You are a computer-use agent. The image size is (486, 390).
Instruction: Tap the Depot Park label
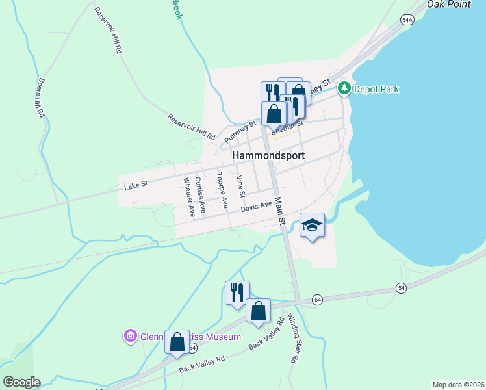pyautogui.click(x=376, y=89)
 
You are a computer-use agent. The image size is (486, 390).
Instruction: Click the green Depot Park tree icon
pyautogui.click(x=344, y=89)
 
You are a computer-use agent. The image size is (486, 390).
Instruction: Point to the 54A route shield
pyautogui.click(x=407, y=20)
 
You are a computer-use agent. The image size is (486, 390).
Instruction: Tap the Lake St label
pyautogui.click(x=136, y=185)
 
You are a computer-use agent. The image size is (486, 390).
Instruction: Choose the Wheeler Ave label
pyautogui.click(x=189, y=196)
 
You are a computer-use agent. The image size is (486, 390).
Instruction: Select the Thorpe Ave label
pyautogui.click(x=222, y=190)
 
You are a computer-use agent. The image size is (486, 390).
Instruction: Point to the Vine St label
pyautogui.click(x=241, y=187)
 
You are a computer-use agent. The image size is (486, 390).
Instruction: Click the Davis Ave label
pyautogui.click(x=256, y=206)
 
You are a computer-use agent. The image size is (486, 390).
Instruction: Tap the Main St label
pyautogui.click(x=281, y=212)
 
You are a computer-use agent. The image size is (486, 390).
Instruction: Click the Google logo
pyautogui.click(x=21, y=382)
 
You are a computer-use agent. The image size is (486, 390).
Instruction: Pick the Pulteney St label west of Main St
pyautogui.click(x=240, y=131)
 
